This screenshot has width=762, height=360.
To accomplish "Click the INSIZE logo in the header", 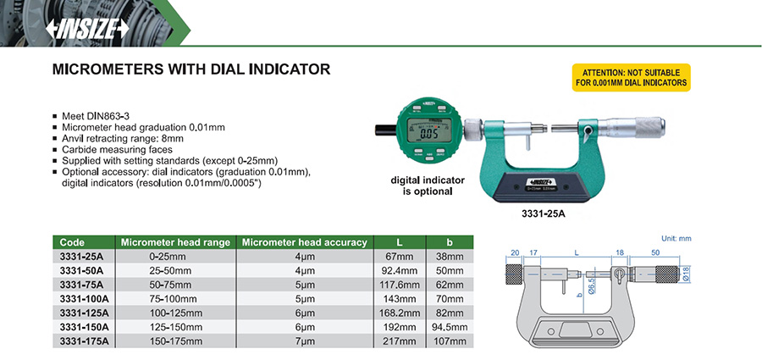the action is pyautogui.click(x=87, y=29).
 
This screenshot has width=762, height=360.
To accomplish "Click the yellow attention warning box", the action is pyautogui.click(x=631, y=78).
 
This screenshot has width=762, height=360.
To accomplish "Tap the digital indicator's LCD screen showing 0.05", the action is pyautogui.click(x=428, y=130).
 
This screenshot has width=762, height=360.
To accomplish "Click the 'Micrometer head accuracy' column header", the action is pyautogui.click(x=305, y=242).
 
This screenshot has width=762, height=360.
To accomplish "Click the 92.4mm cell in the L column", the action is pyautogui.click(x=400, y=270).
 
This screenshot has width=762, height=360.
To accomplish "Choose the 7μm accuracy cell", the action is pyautogui.click(x=305, y=341).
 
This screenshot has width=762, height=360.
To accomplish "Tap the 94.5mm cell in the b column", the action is pyautogui.click(x=450, y=327).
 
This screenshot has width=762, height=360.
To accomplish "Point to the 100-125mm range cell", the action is pyautogui.click(x=174, y=313).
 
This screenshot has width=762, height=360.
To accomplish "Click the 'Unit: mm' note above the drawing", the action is pyautogui.click(x=676, y=238).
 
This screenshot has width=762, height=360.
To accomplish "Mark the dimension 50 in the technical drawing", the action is pyautogui.click(x=655, y=252).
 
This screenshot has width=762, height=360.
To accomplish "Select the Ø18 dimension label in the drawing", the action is pyautogui.click(x=687, y=274).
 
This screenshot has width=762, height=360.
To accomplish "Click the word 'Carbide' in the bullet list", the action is pyautogui.click(x=77, y=150).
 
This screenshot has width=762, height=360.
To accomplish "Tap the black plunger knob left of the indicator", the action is pyautogui.click(x=386, y=130).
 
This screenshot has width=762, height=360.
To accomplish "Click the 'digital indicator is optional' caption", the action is pyautogui.click(x=428, y=186).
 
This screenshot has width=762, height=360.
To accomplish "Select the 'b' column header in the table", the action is pyautogui.click(x=450, y=242).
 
